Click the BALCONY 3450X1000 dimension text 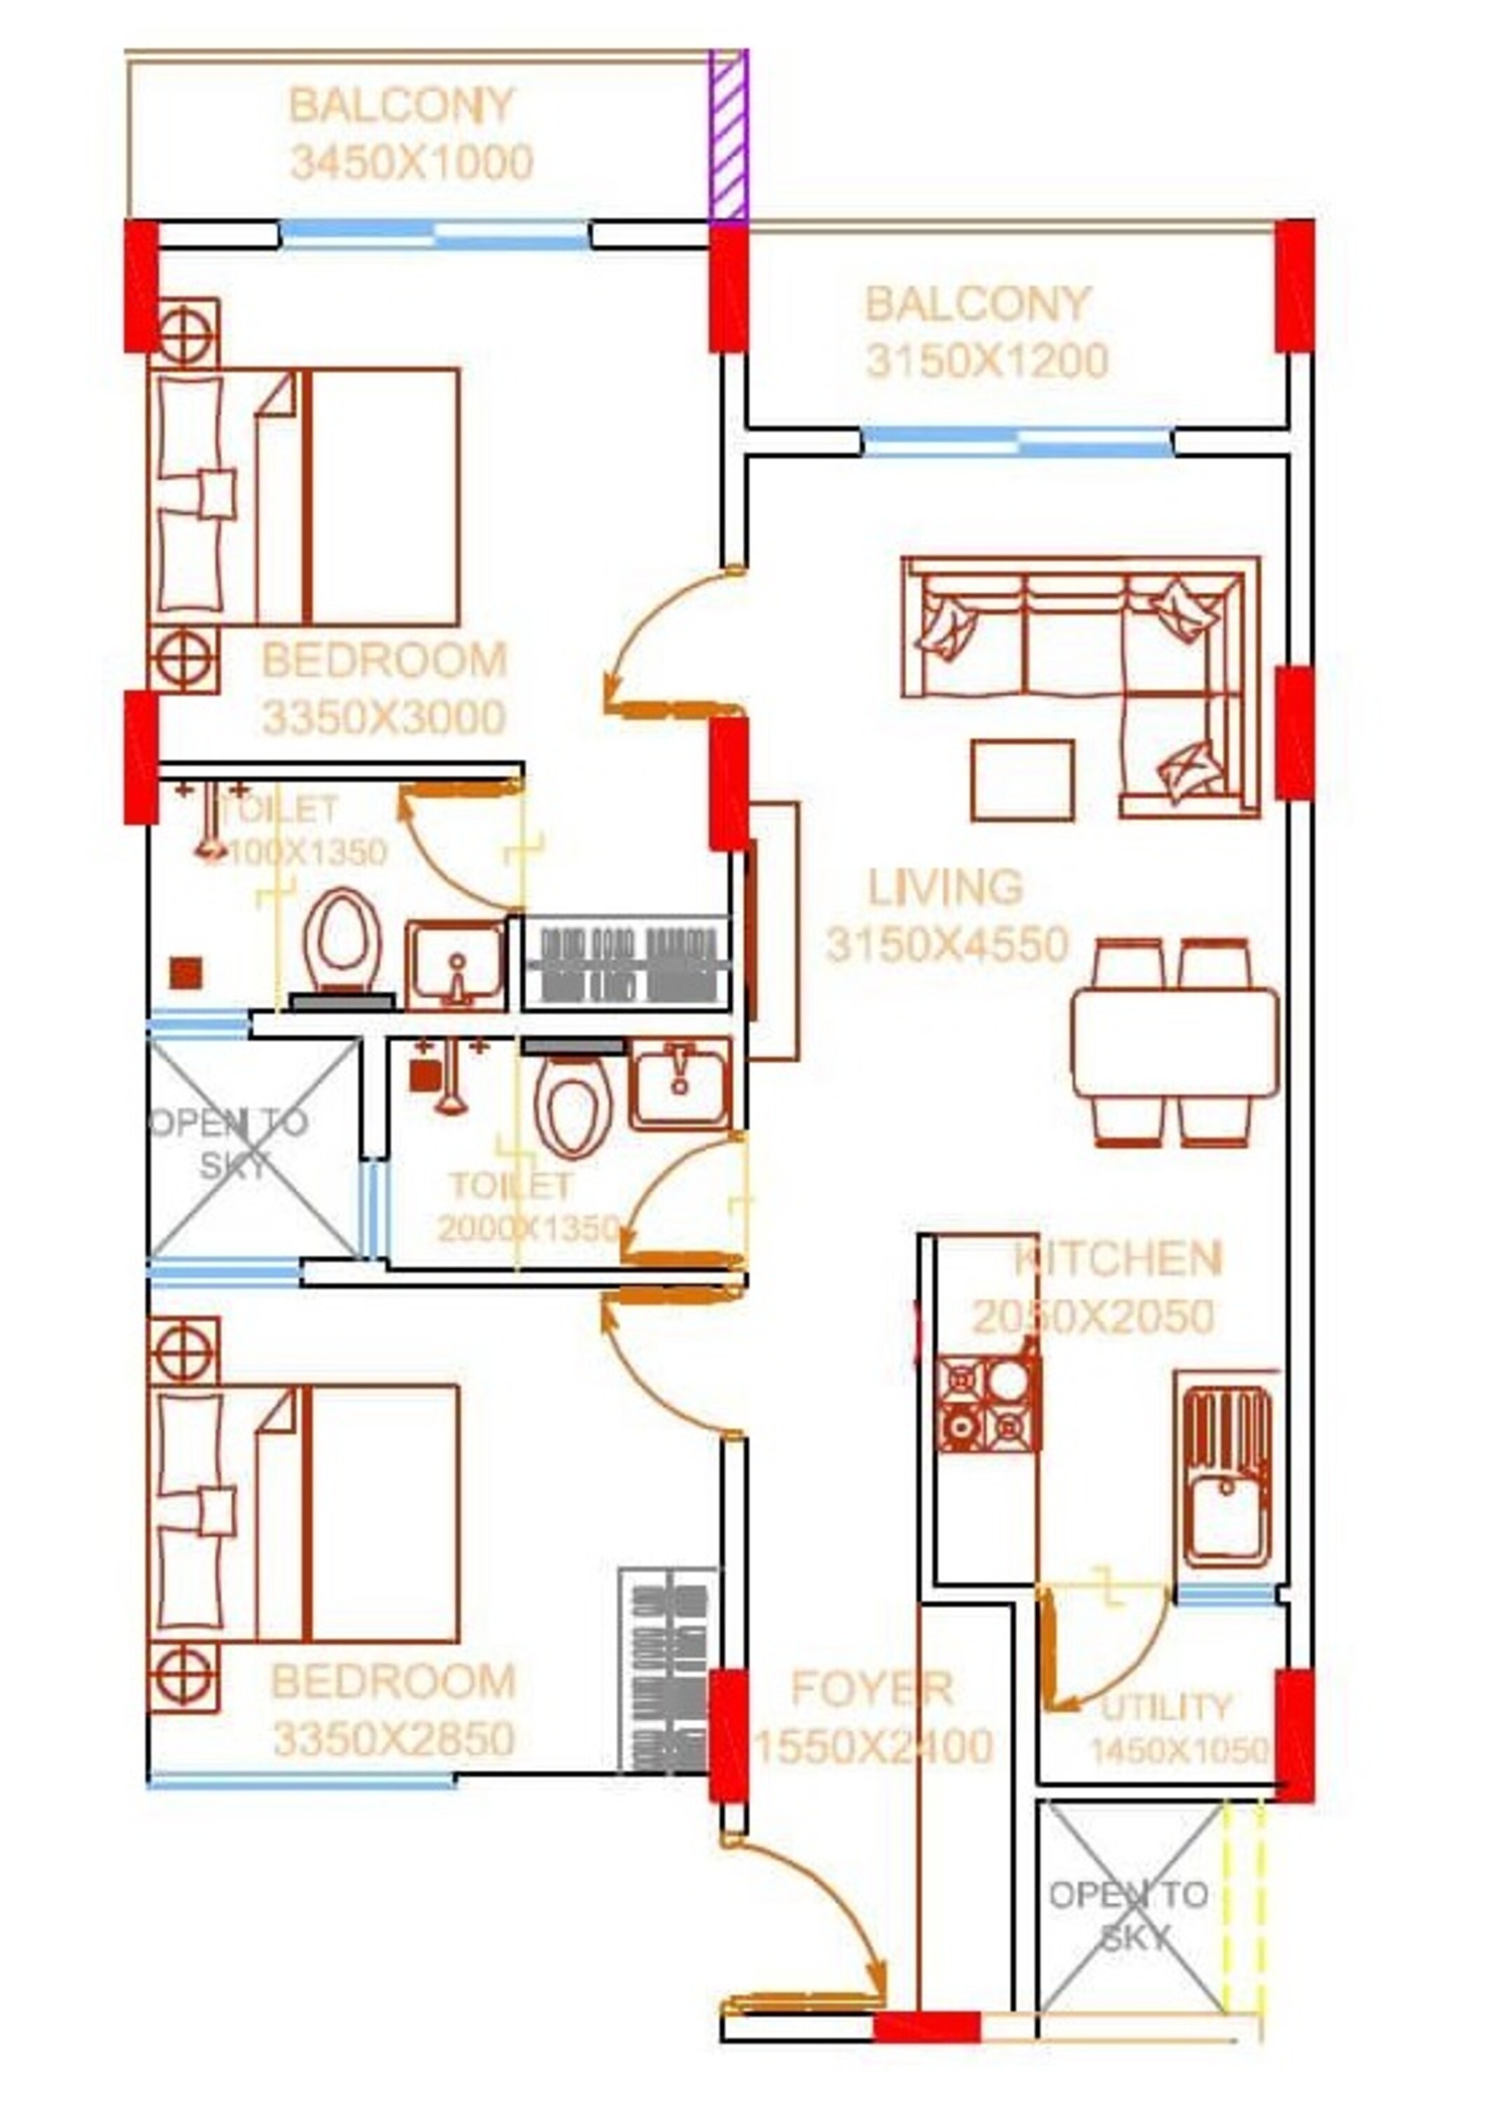(411, 164)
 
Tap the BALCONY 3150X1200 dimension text (987, 361)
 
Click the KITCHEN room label (1118, 1260)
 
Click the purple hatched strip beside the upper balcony (729, 135)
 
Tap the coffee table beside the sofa (1022, 780)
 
